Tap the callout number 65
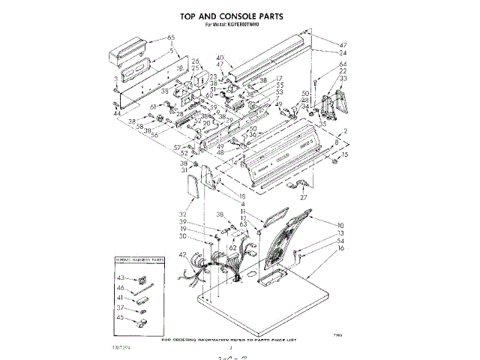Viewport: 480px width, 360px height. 171,37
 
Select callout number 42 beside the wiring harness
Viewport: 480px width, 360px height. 181,256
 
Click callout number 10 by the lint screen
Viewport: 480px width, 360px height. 340,225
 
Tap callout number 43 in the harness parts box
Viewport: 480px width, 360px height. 120,278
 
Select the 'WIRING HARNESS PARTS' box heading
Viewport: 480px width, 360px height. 140,260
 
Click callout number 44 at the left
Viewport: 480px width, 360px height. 117,114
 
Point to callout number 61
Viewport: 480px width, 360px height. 153,106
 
